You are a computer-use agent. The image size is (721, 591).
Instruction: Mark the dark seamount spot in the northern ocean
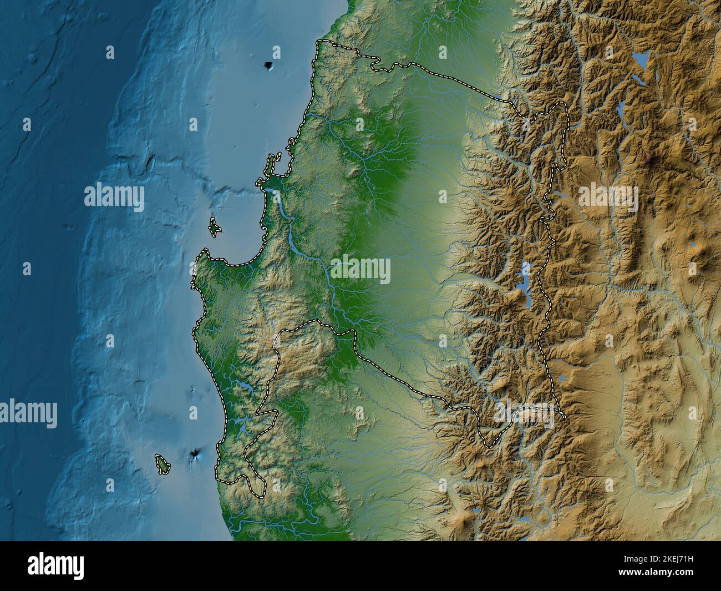[270, 66]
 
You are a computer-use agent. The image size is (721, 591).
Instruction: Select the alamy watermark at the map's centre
[361, 271]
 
